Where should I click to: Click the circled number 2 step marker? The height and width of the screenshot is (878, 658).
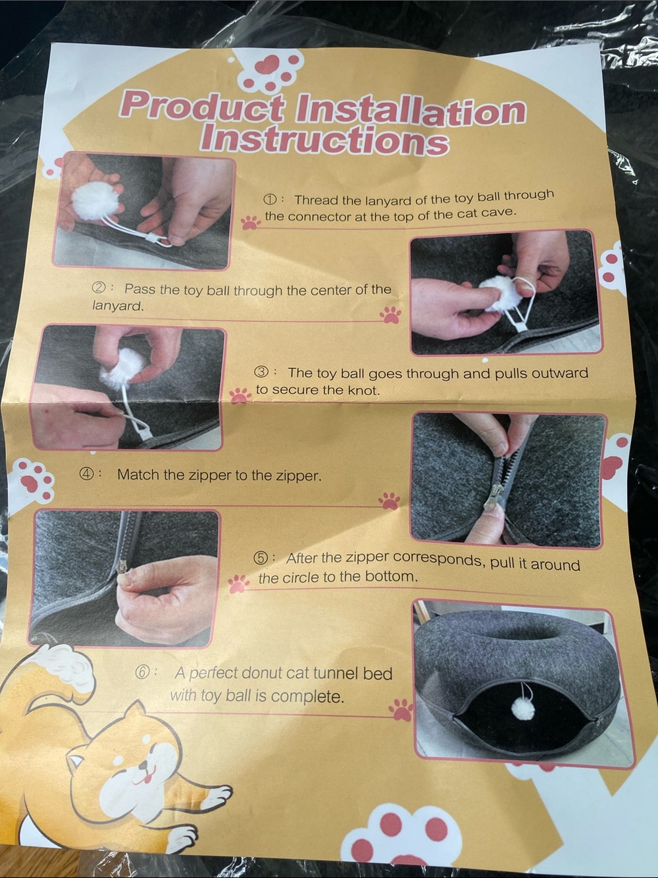99,288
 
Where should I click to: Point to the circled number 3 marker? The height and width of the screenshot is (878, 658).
261,373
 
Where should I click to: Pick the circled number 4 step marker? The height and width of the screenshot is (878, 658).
88,474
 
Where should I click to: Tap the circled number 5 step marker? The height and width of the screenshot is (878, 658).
261,558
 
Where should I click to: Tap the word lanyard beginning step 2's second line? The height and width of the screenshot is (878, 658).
117,307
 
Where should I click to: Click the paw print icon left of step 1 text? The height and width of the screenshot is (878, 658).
251,222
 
